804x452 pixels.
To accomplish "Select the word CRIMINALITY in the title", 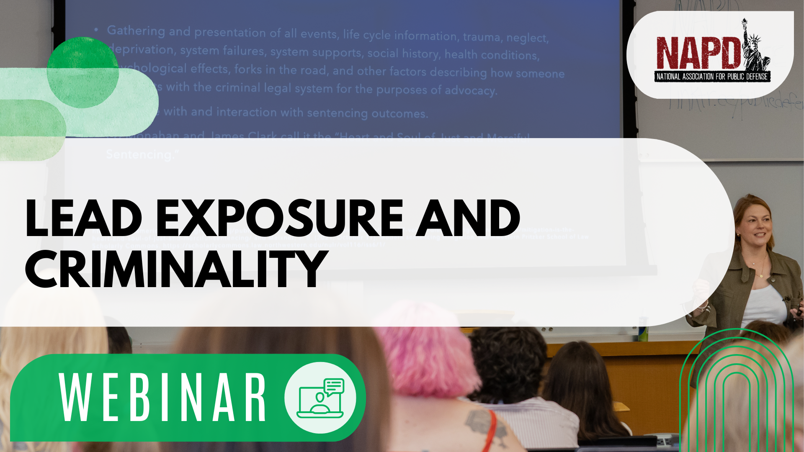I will click(x=176, y=269).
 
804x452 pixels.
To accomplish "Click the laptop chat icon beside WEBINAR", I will click(x=320, y=398).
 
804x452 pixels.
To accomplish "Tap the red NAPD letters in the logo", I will click(x=697, y=54).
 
